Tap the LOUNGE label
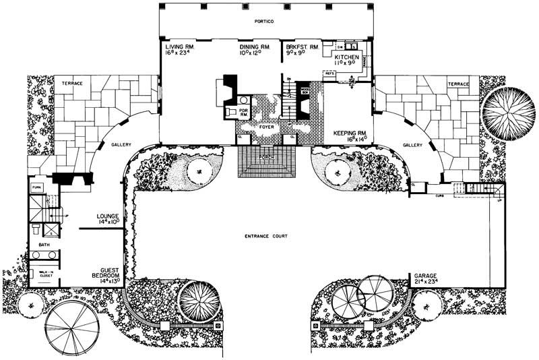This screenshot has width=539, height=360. coord(107,217)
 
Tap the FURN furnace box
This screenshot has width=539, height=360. coord(36,187)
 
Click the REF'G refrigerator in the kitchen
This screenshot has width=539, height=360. coord(330,73)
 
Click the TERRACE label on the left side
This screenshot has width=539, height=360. coord(72,84)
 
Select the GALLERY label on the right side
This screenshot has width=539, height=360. coord(412,145)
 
